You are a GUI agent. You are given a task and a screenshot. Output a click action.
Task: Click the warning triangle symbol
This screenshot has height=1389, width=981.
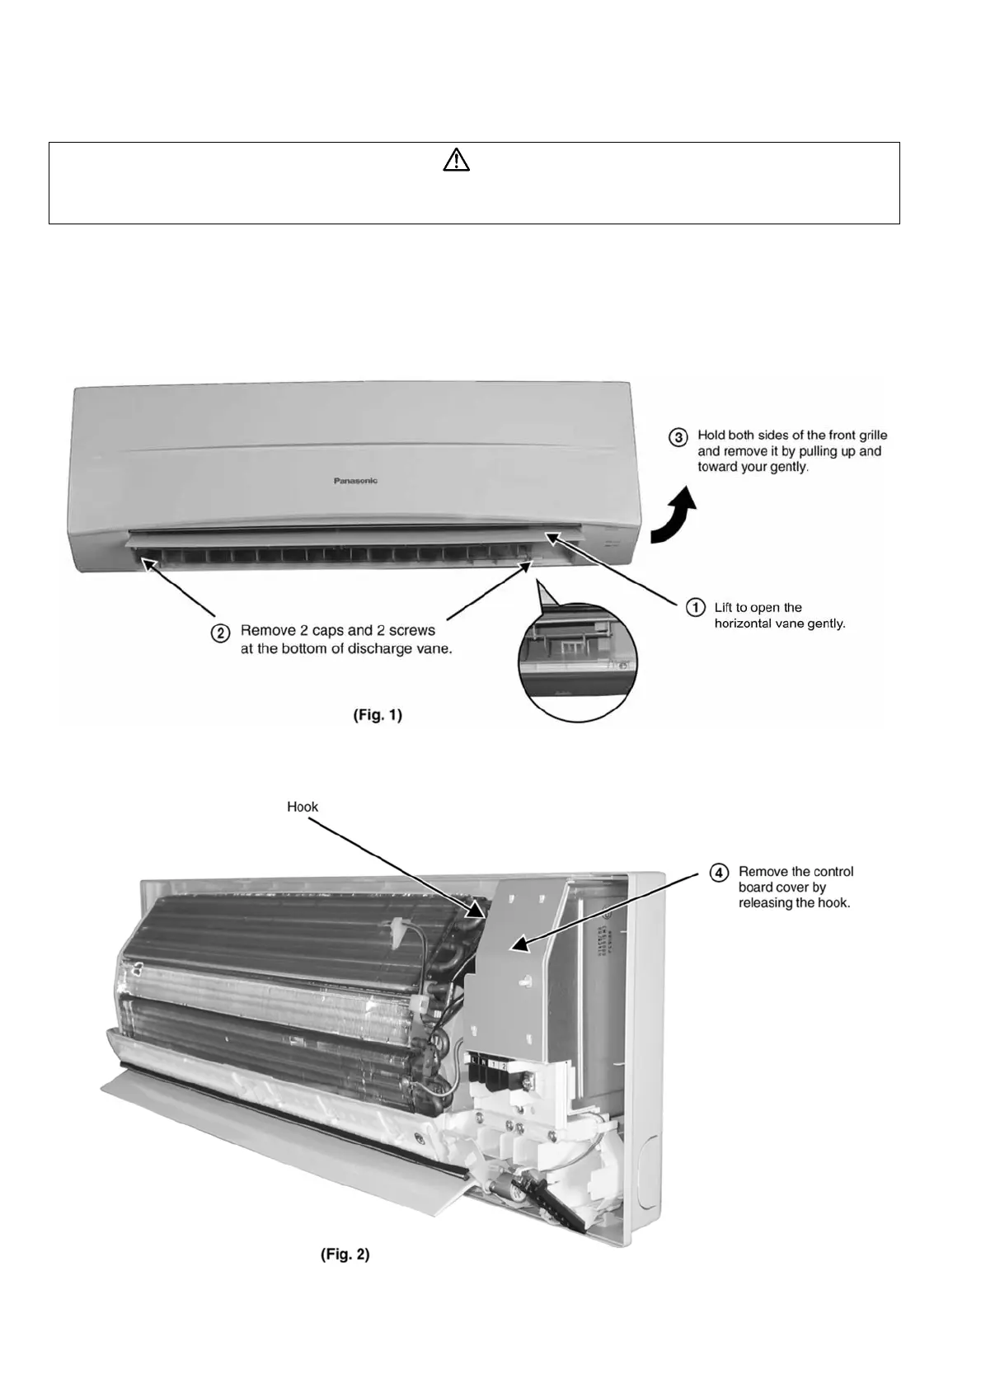coord(456,160)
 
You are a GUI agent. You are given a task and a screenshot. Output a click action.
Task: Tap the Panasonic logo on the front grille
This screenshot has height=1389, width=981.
coord(355,481)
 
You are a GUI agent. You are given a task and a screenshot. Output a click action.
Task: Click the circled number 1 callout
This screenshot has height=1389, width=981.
coord(696,608)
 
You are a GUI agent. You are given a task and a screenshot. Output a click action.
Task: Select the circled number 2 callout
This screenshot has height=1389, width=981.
coord(220,633)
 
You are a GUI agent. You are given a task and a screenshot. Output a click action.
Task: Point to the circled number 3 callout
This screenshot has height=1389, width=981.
coord(678,436)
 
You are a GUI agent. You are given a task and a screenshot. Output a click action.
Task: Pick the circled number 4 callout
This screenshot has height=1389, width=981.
coord(720,873)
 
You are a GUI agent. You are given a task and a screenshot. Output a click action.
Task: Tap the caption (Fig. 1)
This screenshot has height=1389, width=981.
coord(378,715)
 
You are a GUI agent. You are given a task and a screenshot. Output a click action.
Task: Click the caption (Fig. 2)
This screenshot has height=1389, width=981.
coord(345,1255)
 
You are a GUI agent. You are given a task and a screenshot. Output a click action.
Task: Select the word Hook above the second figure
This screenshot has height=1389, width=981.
coord(302,807)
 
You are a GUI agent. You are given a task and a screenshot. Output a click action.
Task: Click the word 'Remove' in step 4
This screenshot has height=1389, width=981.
coord(762,872)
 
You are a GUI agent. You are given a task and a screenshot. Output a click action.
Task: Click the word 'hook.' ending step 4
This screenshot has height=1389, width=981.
coord(831,903)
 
